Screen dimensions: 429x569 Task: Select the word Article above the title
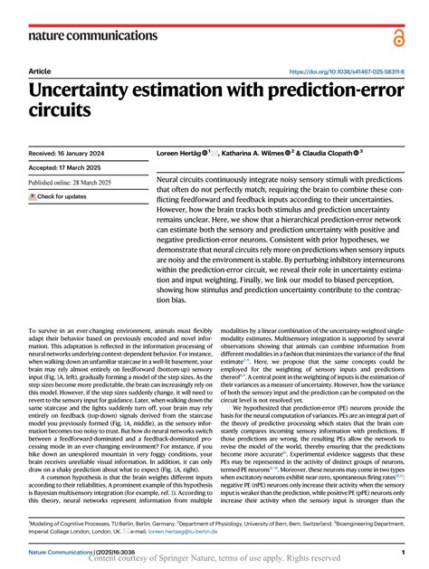coord(40,71)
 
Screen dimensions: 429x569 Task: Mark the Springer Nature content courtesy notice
coord(214,560)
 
